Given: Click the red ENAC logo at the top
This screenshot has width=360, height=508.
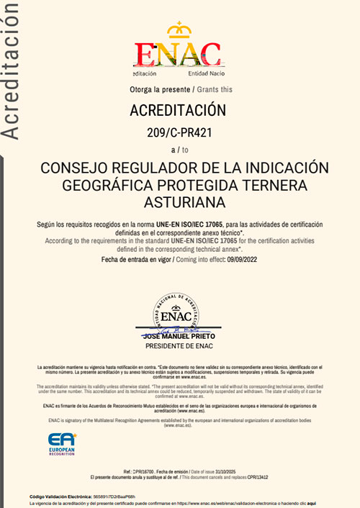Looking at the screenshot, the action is pos(177,54).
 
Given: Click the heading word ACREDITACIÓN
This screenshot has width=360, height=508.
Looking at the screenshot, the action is pos(177,111).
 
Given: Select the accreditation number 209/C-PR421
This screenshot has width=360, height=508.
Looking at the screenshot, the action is pos(178,132).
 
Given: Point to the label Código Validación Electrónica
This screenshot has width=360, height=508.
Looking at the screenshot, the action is pos(60,496).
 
